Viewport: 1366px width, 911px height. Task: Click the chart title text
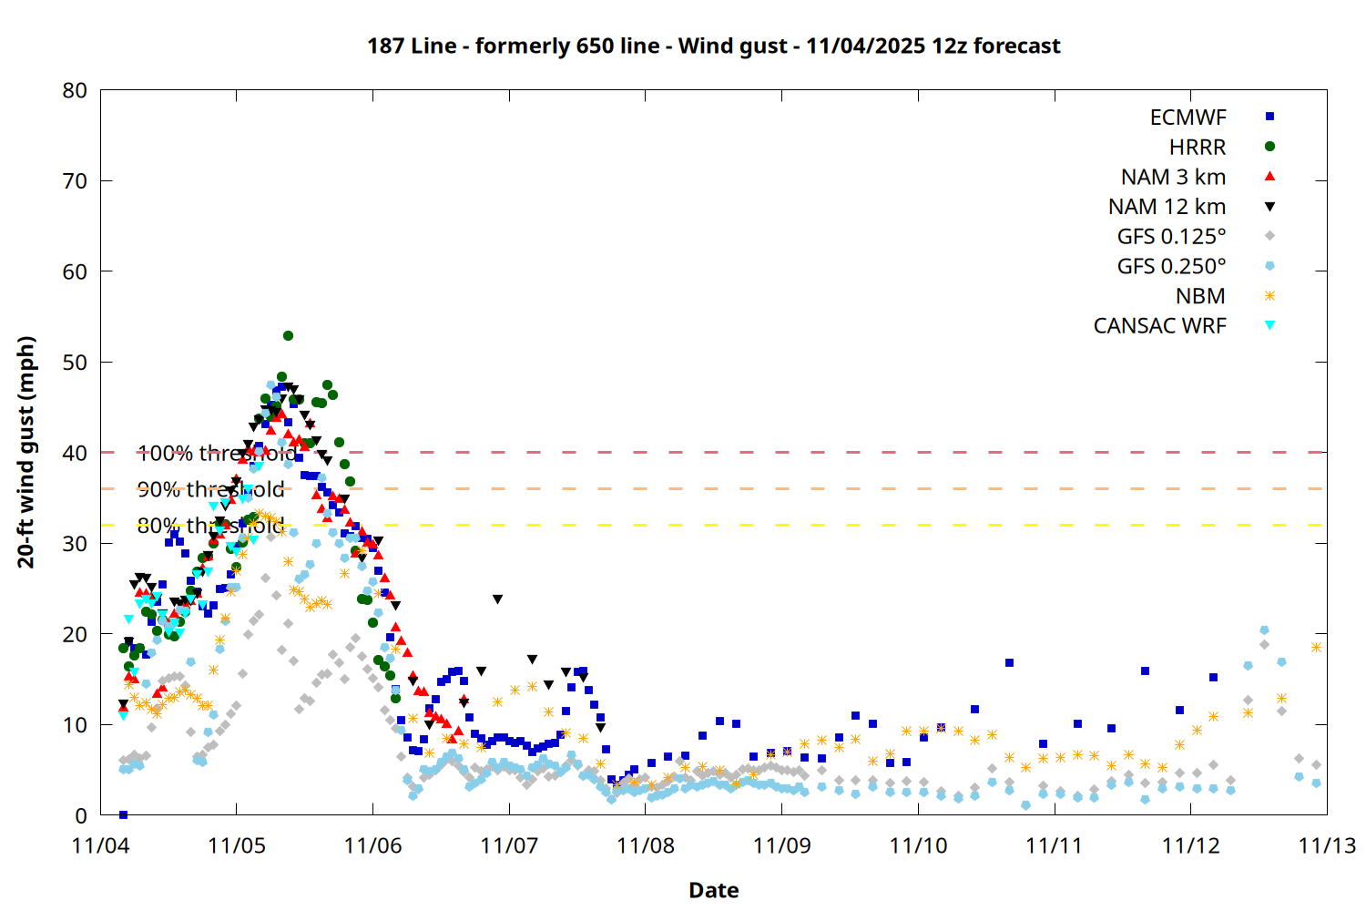coord(713,46)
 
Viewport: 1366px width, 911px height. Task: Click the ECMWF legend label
coord(1188,118)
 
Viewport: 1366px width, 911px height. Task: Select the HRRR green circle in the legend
coord(1269,147)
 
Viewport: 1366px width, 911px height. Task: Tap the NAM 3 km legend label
coord(1173,177)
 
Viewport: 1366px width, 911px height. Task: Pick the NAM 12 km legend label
coord(1167,207)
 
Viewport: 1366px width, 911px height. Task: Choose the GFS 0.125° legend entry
coord(1171,237)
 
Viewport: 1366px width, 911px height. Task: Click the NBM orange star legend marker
coord(1269,296)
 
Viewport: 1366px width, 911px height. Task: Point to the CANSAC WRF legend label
coord(1159,326)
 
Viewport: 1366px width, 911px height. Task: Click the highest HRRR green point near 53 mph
coord(288,336)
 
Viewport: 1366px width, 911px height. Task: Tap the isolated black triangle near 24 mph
coord(497,599)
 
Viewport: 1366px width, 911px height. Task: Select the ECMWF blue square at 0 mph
coord(123,814)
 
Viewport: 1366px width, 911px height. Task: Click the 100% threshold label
coord(216,453)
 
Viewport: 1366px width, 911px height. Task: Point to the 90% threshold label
coord(210,489)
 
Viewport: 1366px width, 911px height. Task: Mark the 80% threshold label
coord(210,526)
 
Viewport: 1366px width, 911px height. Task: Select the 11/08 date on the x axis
coord(645,845)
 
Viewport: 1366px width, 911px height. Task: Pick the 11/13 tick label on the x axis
coord(1326,845)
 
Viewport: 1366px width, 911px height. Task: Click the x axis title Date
coord(713,890)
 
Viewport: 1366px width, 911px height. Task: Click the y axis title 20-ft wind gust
coord(26,452)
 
